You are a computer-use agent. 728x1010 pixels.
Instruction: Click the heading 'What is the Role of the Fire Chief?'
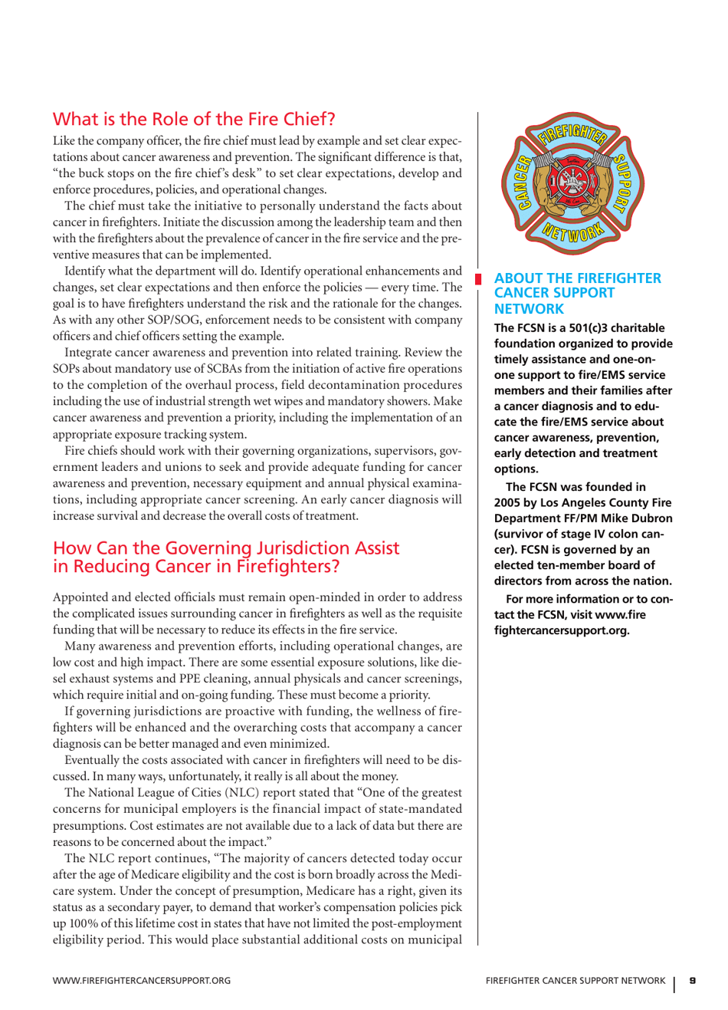pyautogui.click(x=194, y=120)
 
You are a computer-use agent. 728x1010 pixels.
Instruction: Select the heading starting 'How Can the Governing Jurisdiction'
pyautogui.click(x=225, y=557)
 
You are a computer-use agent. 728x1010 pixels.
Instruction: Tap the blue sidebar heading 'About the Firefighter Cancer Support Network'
pyautogui.click(x=577, y=293)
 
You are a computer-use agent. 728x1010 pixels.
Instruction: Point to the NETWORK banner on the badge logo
pyautogui.click(x=572, y=231)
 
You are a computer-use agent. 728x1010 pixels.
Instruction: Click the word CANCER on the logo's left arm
pyautogui.click(x=523, y=184)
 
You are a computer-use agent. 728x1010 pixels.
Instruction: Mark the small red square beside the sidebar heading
pyautogui.click(x=477, y=278)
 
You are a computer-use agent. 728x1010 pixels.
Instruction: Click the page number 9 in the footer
pyautogui.click(x=692, y=980)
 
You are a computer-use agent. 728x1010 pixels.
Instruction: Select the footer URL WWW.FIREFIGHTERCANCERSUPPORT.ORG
pyautogui.click(x=142, y=980)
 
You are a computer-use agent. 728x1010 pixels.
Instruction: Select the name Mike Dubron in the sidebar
pyautogui.click(x=640, y=518)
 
